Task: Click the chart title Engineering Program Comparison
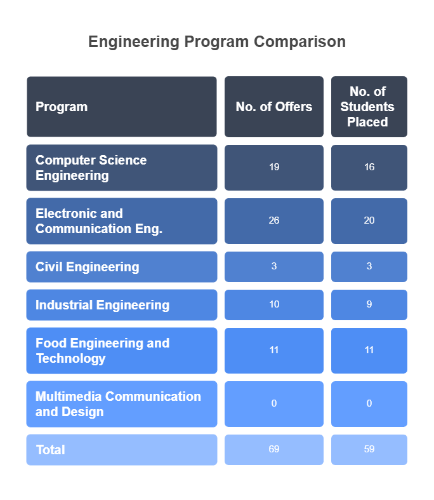[x=217, y=42]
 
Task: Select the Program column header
[x=62, y=107]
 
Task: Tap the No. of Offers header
[x=274, y=107]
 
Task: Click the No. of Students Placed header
[x=369, y=107]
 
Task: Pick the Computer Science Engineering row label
[x=91, y=168]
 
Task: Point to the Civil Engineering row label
[x=87, y=267]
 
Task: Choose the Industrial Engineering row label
[x=102, y=305]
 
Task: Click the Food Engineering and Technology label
[x=102, y=351]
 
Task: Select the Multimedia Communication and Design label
[x=118, y=404]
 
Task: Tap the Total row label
[x=51, y=450]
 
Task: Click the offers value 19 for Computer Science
[x=274, y=167]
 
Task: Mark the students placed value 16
[x=369, y=167]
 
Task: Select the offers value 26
[x=274, y=220]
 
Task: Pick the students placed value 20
[x=369, y=220]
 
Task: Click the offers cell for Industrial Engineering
[x=274, y=304]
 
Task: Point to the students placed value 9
[x=369, y=304]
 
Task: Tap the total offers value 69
[x=274, y=449]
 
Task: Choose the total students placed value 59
[x=369, y=449]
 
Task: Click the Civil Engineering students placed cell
[x=369, y=266]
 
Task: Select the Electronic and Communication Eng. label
[x=98, y=221]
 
